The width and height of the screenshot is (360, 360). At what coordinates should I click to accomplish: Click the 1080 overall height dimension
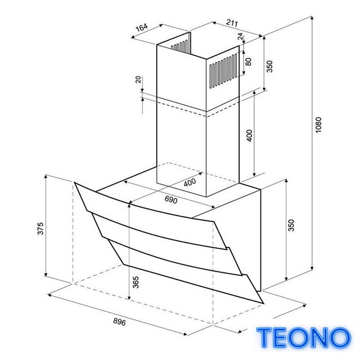(318, 125)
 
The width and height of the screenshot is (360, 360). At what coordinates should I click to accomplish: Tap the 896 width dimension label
(119, 322)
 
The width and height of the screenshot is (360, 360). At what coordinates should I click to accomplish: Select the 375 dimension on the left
(40, 228)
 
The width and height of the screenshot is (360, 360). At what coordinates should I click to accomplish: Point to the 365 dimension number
(136, 282)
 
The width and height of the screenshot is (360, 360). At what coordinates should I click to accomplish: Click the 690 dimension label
(171, 200)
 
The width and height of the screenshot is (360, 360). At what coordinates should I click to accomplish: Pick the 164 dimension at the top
(141, 28)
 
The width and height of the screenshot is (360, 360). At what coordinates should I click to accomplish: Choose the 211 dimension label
(232, 23)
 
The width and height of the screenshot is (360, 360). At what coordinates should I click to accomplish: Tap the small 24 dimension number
(240, 36)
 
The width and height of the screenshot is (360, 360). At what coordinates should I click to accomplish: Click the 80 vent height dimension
(248, 61)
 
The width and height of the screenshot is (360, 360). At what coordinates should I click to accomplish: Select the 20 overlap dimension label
(138, 79)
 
